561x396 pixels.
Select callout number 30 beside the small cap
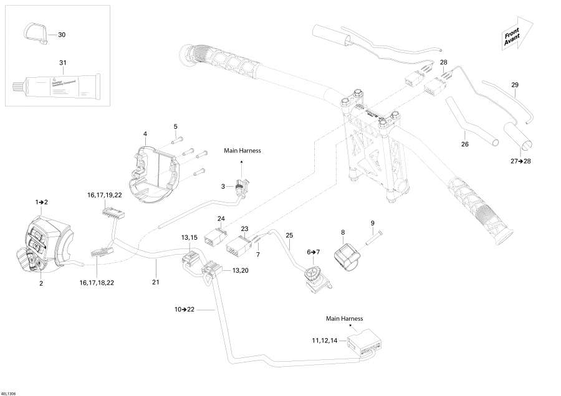62,35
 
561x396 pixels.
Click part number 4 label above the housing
145,134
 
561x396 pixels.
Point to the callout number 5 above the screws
176,126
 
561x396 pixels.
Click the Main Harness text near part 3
242,150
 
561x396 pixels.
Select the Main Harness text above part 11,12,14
344,318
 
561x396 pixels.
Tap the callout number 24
221,218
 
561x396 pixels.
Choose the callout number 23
245,229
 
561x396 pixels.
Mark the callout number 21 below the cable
156,282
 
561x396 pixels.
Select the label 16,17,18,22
97,283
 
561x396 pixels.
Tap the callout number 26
464,145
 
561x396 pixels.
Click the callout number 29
514,85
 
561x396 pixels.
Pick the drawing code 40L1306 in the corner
9,392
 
